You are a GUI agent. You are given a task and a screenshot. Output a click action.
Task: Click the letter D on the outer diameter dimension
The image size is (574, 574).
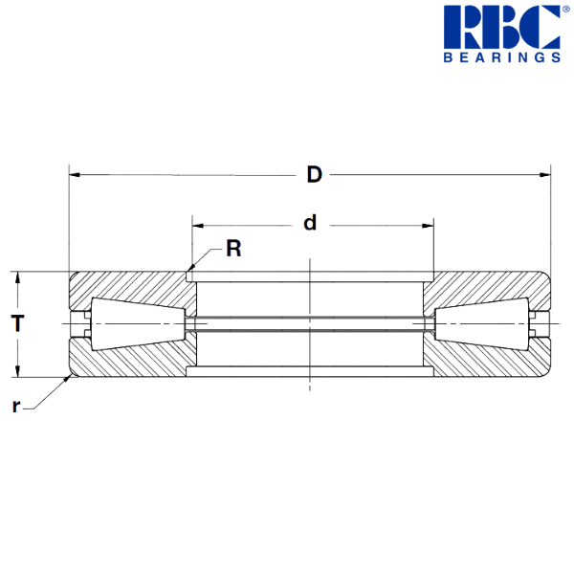(x=314, y=174)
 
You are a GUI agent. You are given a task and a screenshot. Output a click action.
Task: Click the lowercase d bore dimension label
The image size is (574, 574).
(x=309, y=224)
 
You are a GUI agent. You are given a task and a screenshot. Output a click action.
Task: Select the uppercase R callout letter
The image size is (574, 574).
(x=233, y=250)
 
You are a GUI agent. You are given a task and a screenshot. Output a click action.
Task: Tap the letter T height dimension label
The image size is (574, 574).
(x=17, y=323)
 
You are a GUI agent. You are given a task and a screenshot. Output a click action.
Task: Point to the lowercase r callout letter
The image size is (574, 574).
(x=15, y=406)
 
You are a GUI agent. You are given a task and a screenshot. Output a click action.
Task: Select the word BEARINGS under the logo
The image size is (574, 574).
(x=500, y=57)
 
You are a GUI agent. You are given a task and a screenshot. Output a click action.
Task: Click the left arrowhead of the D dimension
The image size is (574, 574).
(x=74, y=175)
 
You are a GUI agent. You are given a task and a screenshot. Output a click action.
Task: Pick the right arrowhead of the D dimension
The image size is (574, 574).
(x=545, y=175)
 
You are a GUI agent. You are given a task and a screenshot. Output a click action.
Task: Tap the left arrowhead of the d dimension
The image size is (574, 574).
(x=197, y=227)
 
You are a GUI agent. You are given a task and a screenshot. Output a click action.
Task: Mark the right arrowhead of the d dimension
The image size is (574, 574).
(x=427, y=227)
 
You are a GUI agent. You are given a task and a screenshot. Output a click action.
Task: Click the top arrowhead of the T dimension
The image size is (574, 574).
(x=17, y=277)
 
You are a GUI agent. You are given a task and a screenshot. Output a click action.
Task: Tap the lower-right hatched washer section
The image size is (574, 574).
(x=488, y=358)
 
